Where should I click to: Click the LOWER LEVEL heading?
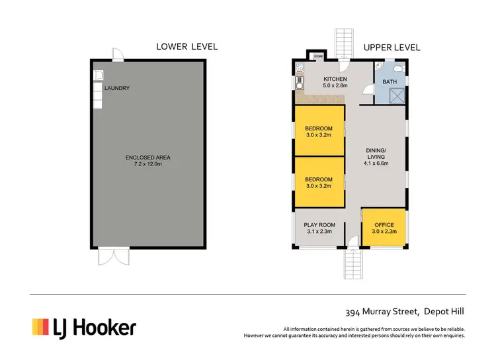(186, 46)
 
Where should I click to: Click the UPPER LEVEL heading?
(391, 48)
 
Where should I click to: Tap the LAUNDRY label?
(116, 88)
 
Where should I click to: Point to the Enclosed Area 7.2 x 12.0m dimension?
(148, 164)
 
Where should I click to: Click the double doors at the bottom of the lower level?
(107, 257)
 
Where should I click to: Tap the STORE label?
(317, 56)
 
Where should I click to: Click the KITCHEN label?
(335, 79)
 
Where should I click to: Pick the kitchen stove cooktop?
(299, 67)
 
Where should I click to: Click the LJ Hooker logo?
(84, 327)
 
